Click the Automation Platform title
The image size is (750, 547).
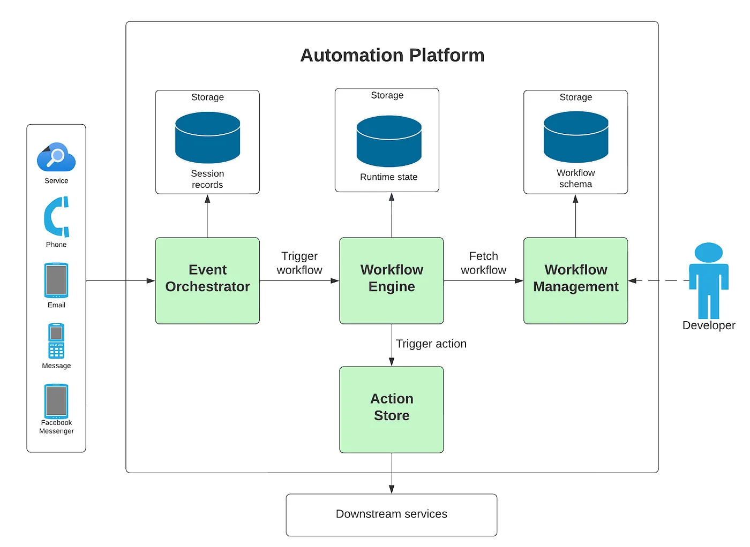tap(392, 55)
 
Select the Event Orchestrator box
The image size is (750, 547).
tap(207, 280)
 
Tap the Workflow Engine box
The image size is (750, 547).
tap(392, 280)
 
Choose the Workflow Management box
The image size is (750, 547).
tap(575, 280)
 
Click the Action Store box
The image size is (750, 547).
tap(392, 409)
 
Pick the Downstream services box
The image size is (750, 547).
tap(392, 514)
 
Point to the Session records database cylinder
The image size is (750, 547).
tap(207, 138)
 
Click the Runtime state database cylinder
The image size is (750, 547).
tap(389, 141)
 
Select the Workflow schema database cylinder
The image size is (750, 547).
tap(576, 137)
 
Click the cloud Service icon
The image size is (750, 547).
tap(56, 157)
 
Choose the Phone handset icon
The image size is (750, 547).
tap(56, 217)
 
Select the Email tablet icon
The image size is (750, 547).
tap(56, 280)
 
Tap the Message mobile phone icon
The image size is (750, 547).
tap(56, 341)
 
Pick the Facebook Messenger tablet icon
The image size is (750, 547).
tap(56, 401)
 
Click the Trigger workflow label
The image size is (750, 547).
tap(299, 263)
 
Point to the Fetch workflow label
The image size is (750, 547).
tap(483, 263)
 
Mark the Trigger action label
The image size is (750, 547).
tap(431, 344)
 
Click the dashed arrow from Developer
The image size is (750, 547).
tap(659, 280)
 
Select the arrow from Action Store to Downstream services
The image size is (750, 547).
tap(392, 473)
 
